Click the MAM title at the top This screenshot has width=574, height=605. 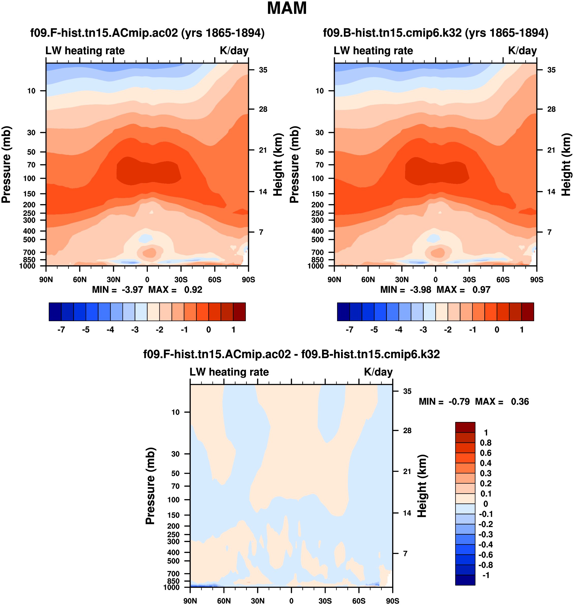(287, 9)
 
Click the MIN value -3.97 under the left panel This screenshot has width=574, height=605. (132, 290)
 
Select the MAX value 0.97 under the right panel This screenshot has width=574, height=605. (481, 290)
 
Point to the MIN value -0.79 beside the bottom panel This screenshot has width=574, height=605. (459, 402)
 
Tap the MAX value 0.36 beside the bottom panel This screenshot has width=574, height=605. (520, 402)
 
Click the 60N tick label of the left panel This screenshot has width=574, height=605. (80, 280)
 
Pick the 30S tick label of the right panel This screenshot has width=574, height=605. (469, 280)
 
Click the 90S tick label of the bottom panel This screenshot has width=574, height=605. (392, 601)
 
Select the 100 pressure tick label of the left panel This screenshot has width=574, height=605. (29, 178)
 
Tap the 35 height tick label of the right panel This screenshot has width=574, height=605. (551, 70)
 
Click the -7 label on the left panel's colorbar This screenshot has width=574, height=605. (61, 330)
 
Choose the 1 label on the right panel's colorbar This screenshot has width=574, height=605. (522, 330)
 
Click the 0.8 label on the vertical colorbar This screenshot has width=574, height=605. (486, 443)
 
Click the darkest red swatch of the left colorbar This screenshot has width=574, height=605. (239, 312)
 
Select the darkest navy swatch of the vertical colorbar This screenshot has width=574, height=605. (465, 580)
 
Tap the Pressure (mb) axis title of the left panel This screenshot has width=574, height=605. (6, 165)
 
